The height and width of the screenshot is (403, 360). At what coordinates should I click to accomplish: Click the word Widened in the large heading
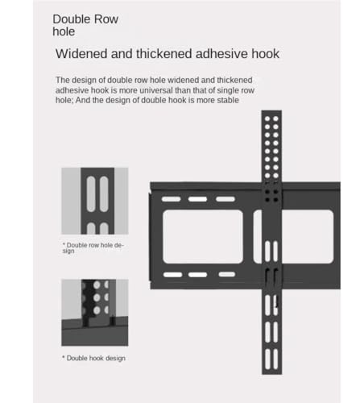(81, 53)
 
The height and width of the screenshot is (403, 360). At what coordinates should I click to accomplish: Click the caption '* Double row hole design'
(93, 248)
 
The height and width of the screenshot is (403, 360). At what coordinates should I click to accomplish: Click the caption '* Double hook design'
(93, 358)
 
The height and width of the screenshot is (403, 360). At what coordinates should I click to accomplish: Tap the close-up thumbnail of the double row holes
(95, 201)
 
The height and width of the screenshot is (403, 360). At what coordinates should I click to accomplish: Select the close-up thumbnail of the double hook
(95, 313)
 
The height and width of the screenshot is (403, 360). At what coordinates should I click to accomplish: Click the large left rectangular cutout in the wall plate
(203, 236)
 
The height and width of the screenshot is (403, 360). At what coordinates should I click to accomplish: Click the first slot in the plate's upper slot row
(171, 199)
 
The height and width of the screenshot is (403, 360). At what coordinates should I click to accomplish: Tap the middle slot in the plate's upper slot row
(197, 199)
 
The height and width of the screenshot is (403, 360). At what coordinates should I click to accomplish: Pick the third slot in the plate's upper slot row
(226, 199)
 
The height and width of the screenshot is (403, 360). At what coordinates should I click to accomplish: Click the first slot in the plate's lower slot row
(172, 275)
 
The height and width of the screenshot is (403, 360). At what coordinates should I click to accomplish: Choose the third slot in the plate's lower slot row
(227, 274)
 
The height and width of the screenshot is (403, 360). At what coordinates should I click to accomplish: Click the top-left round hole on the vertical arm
(267, 118)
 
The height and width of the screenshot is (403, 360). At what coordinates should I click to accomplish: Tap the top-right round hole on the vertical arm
(275, 118)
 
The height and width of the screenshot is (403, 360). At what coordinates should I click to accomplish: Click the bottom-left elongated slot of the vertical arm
(267, 359)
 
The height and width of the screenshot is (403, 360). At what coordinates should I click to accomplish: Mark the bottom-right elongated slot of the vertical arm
(275, 359)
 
